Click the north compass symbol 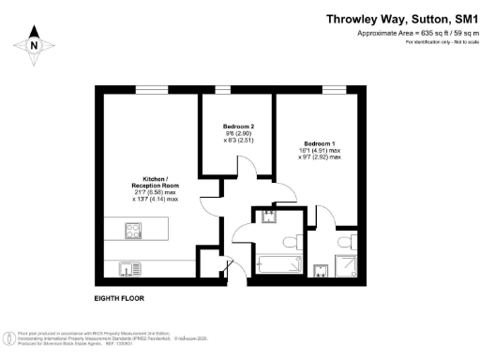(x=33, y=44)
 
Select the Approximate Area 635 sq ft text (x=412, y=34)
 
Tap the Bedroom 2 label (x=238, y=127)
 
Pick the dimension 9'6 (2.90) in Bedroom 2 (x=238, y=135)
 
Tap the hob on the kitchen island (x=133, y=228)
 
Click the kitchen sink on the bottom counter (x=127, y=269)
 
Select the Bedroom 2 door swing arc (x=242, y=172)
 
